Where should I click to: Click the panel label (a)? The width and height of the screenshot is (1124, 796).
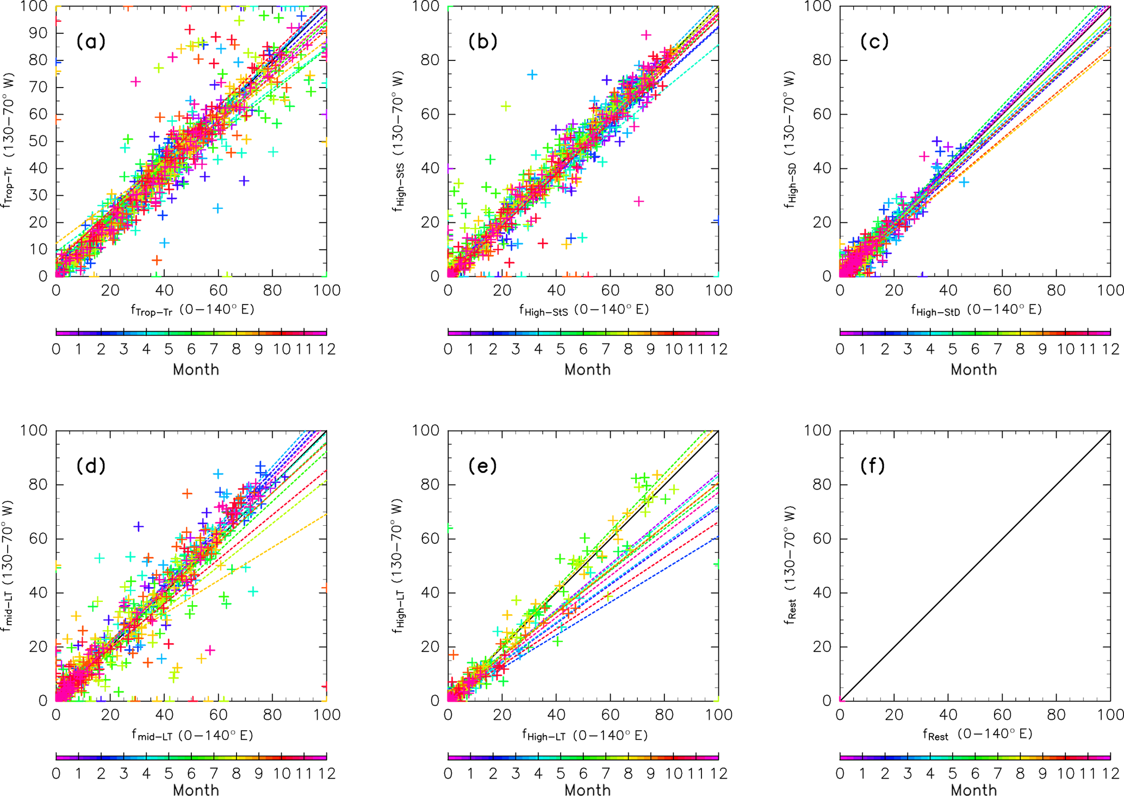click(90, 41)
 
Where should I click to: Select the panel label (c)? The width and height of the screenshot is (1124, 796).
click(874, 41)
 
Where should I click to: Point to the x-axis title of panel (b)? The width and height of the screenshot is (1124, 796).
click(584, 310)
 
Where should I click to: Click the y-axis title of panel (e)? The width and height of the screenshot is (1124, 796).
click(400, 565)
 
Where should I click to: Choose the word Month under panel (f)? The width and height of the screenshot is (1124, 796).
click(973, 789)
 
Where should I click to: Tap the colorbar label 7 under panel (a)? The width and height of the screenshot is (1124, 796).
click(214, 349)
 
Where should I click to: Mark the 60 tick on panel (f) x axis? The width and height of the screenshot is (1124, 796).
click(1002, 714)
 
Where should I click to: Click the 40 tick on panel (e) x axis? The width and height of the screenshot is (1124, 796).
click(556, 714)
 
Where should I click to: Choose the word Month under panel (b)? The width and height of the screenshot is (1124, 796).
click(587, 370)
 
